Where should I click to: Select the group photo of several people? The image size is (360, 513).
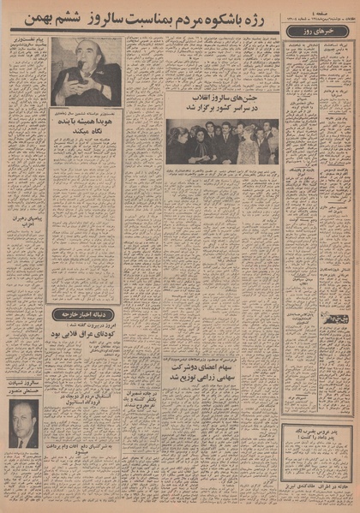(222, 141)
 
